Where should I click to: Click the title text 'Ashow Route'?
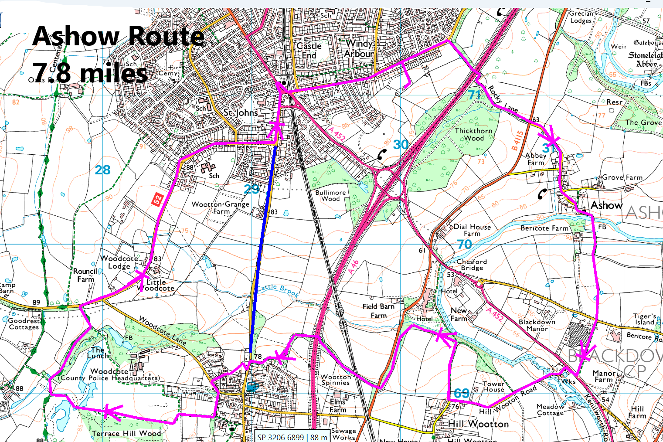pos(119,36)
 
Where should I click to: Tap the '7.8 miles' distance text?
pos(90,73)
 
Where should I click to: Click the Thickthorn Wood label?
pos(473,134)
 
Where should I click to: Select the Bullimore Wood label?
pos(330,195)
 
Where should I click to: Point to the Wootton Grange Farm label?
pos(221,207)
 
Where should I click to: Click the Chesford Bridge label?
pos(472,265)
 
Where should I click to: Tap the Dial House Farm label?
pos(472,230)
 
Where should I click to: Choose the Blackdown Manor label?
pos(537,325)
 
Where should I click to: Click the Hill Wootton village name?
pos(478,424)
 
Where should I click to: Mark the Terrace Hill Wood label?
pos(126,433)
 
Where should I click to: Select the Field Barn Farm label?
pos(378,311)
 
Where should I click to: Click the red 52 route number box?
pos(157,200)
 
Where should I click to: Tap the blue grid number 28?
pos(103,170)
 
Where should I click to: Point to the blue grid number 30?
pos(401,145)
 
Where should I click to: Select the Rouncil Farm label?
pos(85,275)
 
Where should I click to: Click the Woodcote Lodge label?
pos(119,262)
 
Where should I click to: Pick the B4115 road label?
pos(517,140)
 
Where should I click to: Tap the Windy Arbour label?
pos(359,48)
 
